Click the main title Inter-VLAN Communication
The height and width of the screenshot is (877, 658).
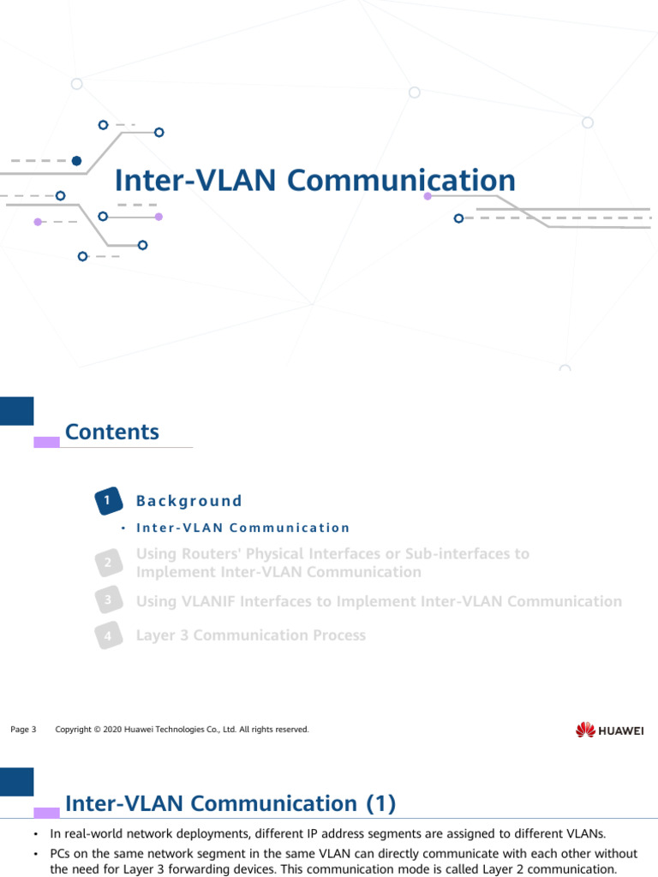pos(315,181)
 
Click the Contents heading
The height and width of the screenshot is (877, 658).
pos(112,432)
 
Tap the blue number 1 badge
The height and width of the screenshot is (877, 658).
pos(107,501)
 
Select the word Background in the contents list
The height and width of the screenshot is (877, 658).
pos(189,501)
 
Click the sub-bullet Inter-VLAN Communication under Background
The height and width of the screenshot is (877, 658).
pos(242,528)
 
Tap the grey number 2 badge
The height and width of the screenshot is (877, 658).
pos(107,563)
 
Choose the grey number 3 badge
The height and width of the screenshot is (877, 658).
pos(107,601)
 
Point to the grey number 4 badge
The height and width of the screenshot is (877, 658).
pos(107,635)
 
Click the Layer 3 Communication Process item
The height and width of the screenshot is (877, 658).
pos(251,635)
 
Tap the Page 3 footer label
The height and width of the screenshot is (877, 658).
pos(23,730)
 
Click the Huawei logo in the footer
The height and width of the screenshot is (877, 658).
pos(610,730)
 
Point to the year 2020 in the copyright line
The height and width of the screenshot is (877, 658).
pos(112,730)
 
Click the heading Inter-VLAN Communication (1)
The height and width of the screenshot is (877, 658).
pos(230,803)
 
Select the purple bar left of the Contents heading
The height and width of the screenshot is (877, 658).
pos(46,442)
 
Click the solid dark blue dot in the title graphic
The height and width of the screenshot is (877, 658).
pos(77,160)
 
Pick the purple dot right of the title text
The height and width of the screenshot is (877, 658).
pos(428,196)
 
